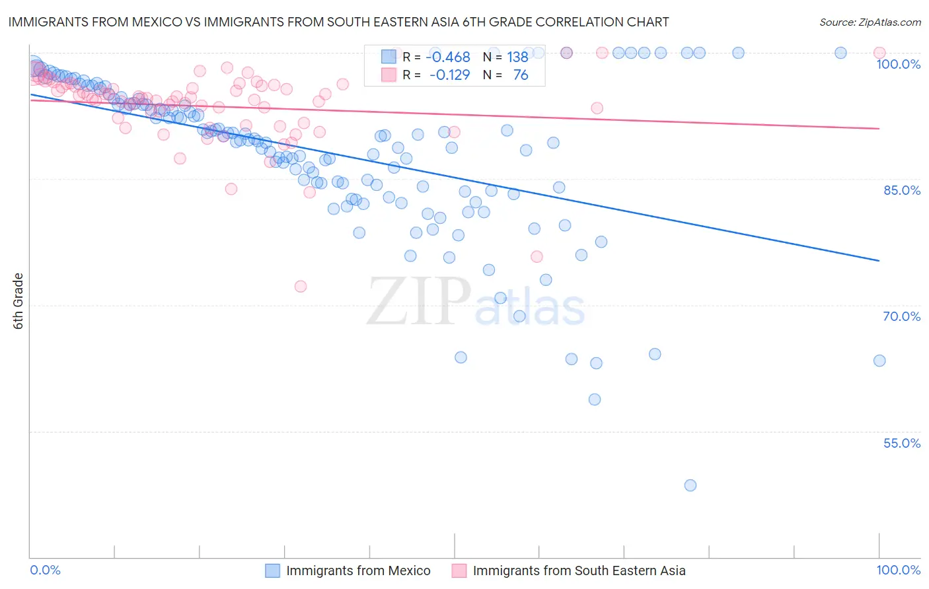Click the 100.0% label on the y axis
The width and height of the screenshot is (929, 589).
pos(898,64)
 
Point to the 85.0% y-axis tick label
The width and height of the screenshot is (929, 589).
pos(902,190)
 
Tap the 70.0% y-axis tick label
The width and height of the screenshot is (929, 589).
pos(902,316)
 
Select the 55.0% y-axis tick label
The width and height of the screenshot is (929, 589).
pos(902,443)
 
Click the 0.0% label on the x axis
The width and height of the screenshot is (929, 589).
pos(45,570)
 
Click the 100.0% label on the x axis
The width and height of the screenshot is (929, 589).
pos(898,570)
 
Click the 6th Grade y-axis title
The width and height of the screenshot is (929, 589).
pos(19,301)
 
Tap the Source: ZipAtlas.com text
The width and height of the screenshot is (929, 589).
pos(870,22)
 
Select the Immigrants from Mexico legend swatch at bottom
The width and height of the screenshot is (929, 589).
pos(273,571)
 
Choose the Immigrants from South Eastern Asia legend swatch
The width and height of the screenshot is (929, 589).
pos(459,571)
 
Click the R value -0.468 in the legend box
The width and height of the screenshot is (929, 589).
pos(447,57)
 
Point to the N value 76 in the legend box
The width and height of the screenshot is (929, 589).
pos(521,75)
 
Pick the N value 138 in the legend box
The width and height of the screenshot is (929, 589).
pos(517,57)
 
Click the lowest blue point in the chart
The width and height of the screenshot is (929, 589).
pos(690,485)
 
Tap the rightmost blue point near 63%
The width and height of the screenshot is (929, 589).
pos(879,361)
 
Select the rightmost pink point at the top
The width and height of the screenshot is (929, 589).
pos(879,53)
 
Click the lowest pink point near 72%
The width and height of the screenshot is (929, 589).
pos(301,287)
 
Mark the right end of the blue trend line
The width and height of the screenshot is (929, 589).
pos(879,261)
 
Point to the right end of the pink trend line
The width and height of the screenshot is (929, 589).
pos(879,129)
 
